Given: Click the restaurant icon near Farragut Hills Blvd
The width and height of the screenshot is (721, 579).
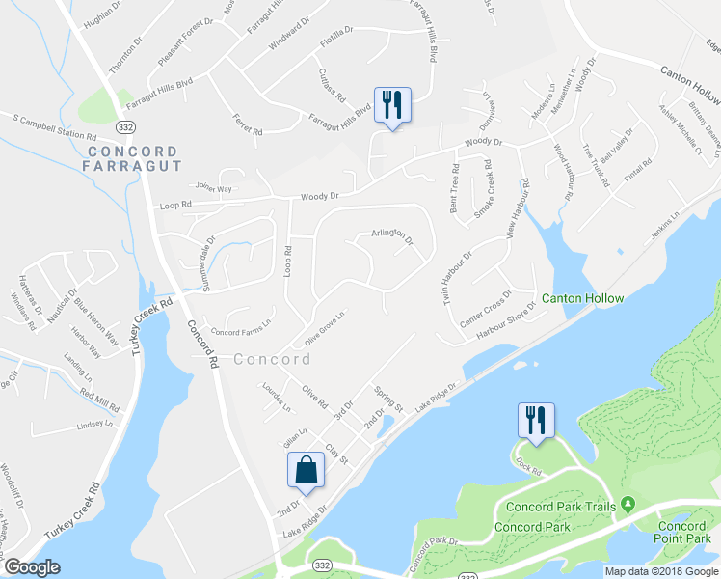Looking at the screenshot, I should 391,104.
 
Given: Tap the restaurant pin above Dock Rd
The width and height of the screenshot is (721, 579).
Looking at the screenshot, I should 532,420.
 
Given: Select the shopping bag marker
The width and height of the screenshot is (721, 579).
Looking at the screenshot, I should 306,471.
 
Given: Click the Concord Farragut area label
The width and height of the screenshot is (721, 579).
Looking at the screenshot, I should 133,159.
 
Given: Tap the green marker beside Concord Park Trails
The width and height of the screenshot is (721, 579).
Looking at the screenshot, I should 628,504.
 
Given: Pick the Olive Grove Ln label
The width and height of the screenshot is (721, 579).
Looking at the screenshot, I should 325,329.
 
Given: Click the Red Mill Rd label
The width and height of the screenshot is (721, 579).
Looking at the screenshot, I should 99,396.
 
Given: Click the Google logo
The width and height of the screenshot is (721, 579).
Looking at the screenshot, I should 32,567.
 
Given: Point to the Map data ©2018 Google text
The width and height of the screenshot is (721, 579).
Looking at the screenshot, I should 662,571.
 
